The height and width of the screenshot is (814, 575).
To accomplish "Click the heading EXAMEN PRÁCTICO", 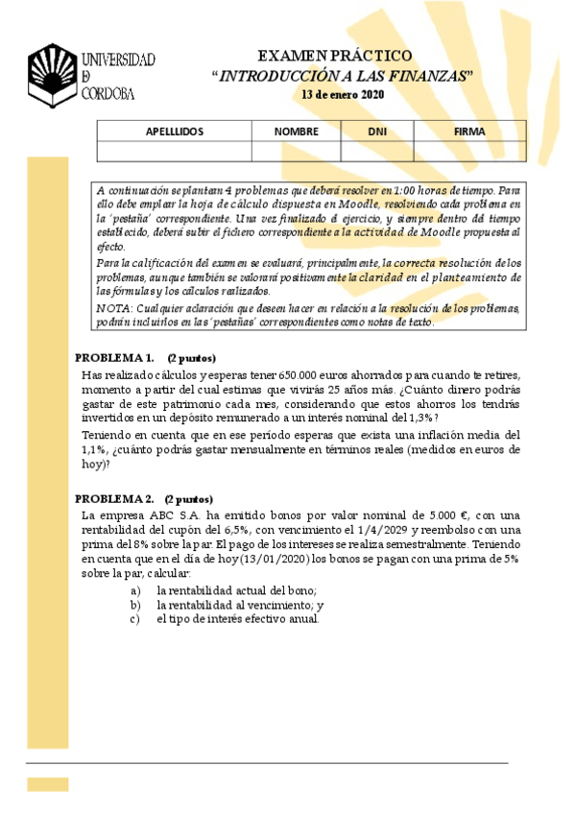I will (335, 57).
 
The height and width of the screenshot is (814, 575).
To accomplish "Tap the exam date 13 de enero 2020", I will (342, 94).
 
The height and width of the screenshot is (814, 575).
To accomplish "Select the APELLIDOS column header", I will (174, 132).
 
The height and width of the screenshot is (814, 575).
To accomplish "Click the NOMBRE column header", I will (296, 132).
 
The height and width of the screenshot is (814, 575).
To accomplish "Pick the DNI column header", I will (377, 132).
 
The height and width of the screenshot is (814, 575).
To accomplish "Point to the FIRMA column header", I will (469, 132).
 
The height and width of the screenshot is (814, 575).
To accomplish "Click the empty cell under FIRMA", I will (469, 151).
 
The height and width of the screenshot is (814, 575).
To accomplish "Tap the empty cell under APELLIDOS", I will (174, 151).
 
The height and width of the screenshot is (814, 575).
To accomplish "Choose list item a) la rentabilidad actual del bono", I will (236, 590).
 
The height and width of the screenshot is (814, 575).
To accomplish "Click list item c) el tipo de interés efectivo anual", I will (237, 619).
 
